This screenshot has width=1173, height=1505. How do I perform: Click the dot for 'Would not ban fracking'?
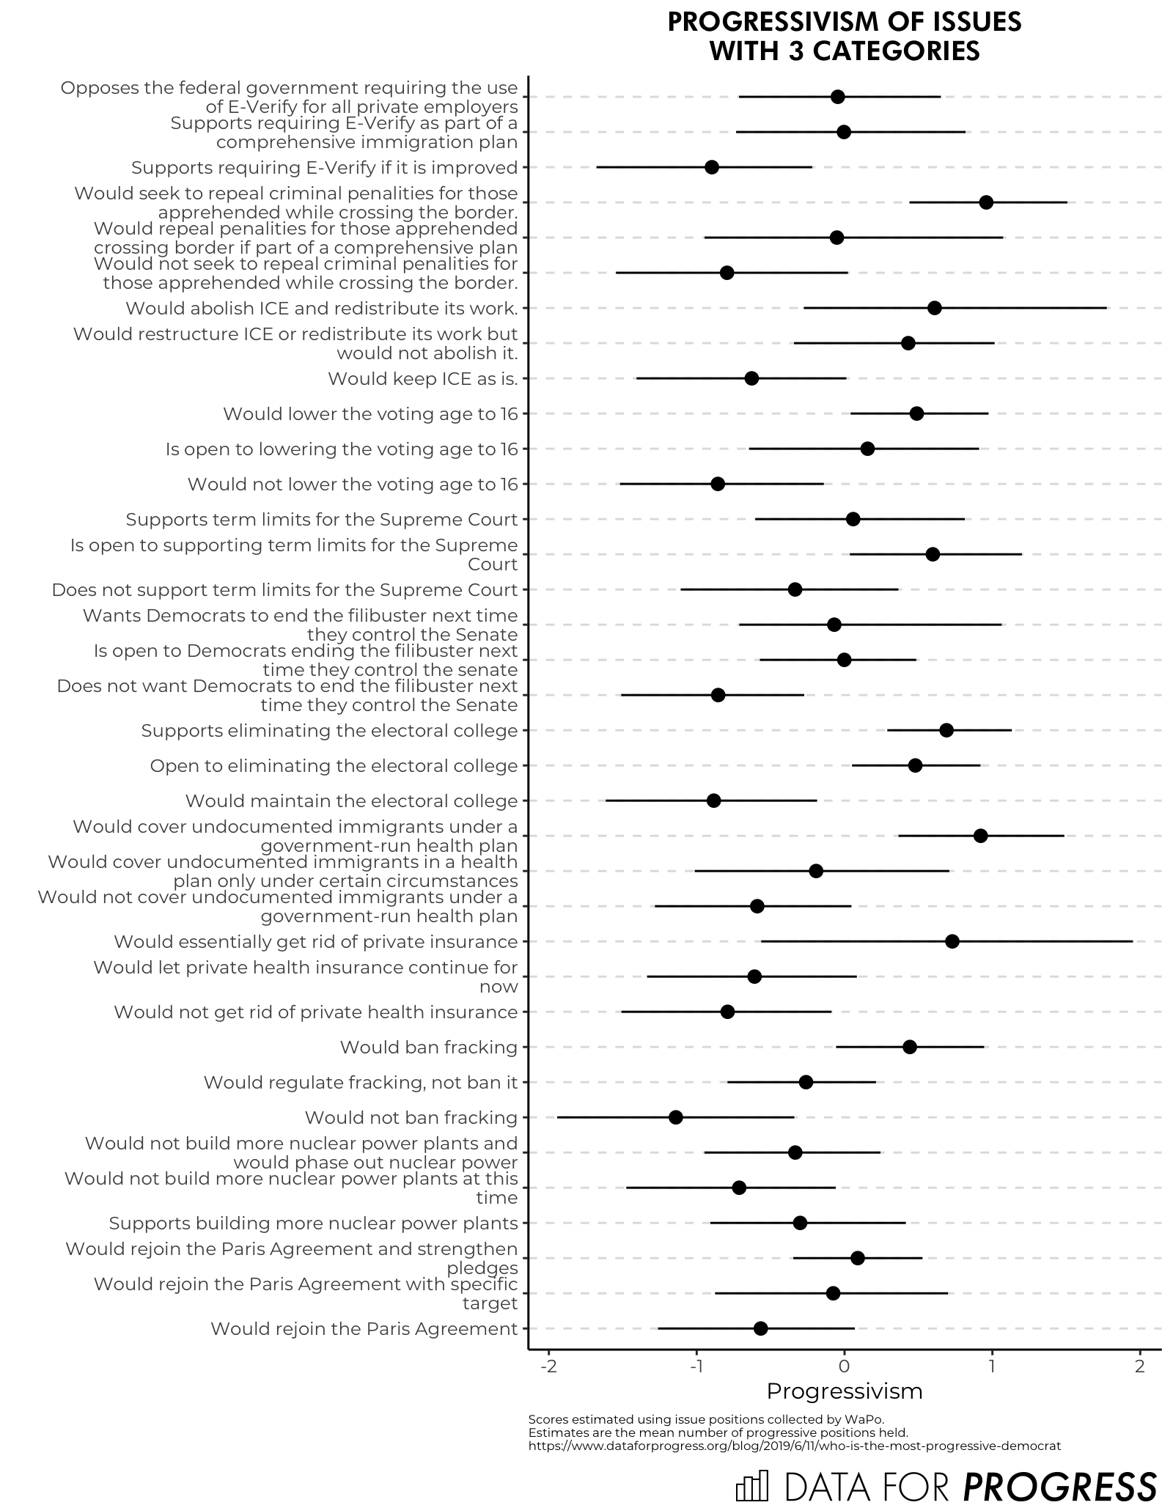(x=675, y=1117)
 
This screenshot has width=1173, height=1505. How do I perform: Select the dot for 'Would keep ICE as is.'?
(x=751, y=378)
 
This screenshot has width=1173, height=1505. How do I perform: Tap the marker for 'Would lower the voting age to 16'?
(x=916, y=413)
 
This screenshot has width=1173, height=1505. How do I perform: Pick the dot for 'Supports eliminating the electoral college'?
(x=946, y=730)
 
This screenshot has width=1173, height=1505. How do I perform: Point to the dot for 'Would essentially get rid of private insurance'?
(x=952, y=941)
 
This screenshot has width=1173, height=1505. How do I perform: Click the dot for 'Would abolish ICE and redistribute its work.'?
(x=935, y=308)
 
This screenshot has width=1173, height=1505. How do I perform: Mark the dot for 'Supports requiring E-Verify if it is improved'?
(x=712, y=167)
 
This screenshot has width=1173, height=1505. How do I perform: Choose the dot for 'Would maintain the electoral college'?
(x=714, y=801)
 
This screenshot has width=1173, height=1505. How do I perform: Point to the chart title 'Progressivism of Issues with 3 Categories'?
(x=845, y=36)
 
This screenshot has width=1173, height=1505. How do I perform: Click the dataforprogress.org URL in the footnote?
(x=794, y=1446)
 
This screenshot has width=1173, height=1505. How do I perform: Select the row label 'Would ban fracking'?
(x=429, y=1047)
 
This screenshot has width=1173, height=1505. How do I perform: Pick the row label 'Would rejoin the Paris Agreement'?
(x=364, y=1328)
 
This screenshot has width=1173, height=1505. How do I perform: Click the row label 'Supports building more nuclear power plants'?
(x=314, y=1223)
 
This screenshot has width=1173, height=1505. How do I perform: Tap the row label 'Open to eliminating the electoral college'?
(x=334, y=765)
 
